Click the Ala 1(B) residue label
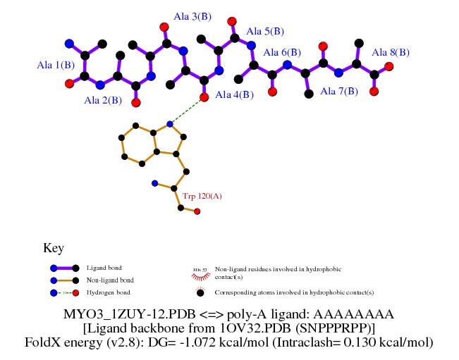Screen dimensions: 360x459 click(x=56, y=65)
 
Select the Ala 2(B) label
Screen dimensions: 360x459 click(x=103, y=100)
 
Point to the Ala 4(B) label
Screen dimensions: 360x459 click(x=235, y=95)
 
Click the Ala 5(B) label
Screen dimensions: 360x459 click(x=265, y=32)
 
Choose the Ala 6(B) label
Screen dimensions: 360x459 click(x=282, y=53)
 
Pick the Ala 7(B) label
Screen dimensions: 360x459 click(x=339, y=91)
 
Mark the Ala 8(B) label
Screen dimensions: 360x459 click(x=391, y=52)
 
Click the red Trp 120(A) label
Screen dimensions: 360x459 click(x=202, y=196)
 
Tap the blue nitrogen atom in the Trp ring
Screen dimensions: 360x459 click(x=169, y=124)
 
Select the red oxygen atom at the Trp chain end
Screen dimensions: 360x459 click(x=197, y=211)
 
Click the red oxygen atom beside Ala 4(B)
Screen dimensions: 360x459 click(x=204, y=97)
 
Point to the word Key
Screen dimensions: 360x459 click(x=54, y=248)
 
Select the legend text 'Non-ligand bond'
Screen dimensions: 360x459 click(x=110, y=280)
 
